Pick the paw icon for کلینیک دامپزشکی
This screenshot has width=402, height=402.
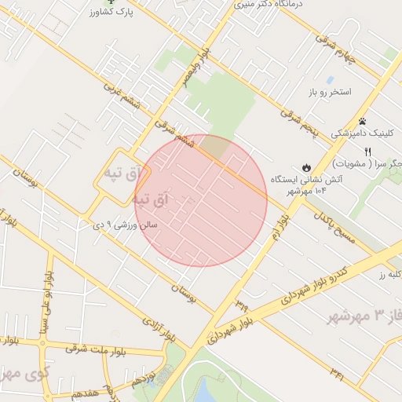click(x=362, y=121)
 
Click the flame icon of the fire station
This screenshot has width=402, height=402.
click(x=305, y=167)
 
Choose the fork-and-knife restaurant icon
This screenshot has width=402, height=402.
click(x=390, y=150)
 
